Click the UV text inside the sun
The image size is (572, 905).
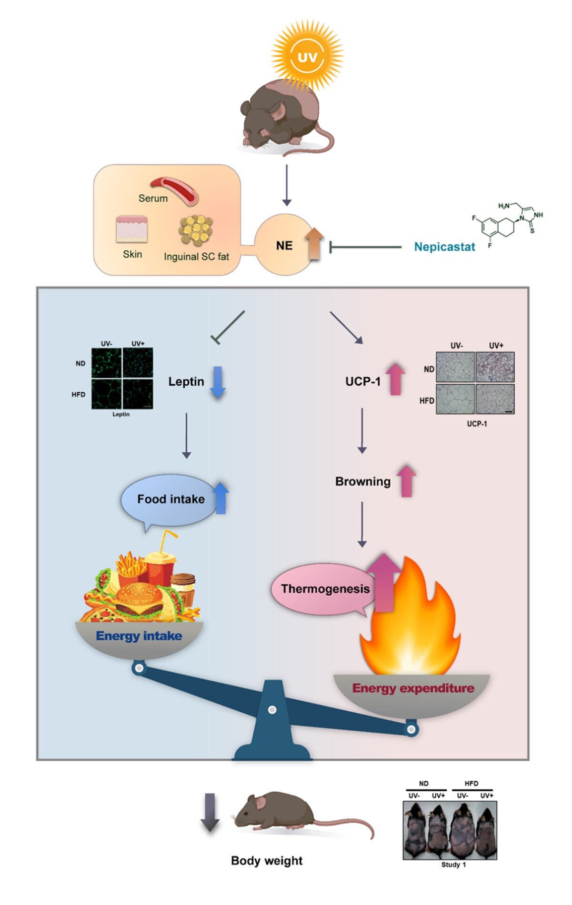307,58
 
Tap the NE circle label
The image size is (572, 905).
284,246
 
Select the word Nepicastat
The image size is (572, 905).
444,247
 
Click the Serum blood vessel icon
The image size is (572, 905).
175,190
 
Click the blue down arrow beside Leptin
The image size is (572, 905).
218,382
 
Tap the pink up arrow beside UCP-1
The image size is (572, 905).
395,379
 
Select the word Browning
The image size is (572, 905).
362,481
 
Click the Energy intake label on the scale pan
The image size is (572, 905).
139,636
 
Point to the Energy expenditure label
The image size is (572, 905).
413,688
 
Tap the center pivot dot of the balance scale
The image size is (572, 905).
272,710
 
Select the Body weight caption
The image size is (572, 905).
267,861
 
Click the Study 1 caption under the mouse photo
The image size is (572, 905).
453,865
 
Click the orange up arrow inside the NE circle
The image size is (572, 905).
314,244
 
